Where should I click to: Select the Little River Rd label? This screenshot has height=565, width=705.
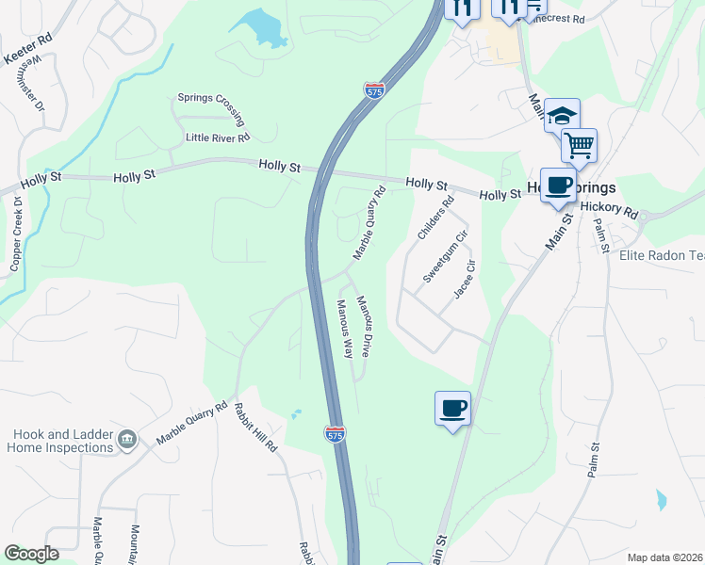217,137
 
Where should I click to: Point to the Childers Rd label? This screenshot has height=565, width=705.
434,217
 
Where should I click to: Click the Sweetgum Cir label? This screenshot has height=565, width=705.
445,255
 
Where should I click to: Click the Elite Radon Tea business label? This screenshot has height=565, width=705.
661,255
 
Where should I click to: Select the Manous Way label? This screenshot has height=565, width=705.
344,330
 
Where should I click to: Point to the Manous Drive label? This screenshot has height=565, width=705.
369,326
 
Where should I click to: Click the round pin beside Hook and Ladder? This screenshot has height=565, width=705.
126,439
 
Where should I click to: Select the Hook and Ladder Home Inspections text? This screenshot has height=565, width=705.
63,441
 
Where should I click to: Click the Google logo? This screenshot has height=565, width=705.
31,554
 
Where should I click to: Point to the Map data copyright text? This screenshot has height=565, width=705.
664,557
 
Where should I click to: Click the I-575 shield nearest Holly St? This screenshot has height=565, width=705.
374,91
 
